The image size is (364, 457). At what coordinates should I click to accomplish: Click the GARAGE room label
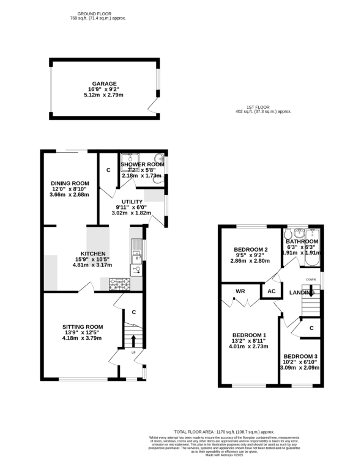(104, 84)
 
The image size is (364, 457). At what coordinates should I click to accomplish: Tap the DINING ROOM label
(70, 183)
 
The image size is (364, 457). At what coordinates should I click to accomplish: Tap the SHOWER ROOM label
(143, 164)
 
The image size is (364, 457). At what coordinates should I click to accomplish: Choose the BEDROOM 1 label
(249, 335)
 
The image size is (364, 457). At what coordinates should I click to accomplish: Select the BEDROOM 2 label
(251, 249)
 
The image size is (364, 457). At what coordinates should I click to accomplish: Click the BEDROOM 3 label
(300, 356)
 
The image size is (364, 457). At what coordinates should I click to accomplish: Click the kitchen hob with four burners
(119, 283)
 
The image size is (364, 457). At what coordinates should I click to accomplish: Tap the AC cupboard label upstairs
(270, 291)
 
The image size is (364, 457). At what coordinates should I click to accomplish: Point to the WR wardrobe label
(240, 291)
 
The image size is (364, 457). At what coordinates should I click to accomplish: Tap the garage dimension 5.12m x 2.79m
(104, 95)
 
